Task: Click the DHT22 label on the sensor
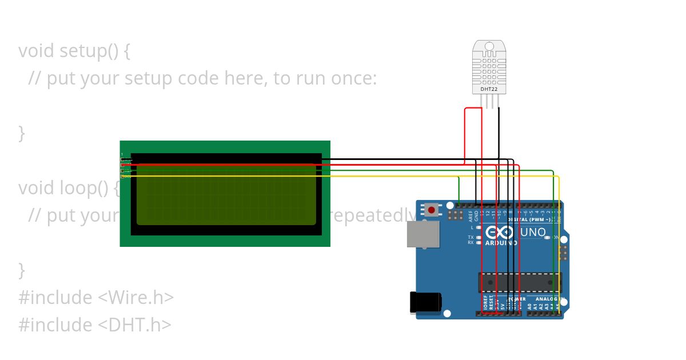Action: [489, 89]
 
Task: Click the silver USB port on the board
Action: [423, 234]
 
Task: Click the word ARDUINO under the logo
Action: [501, 243]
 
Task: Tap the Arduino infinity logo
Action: [500, 232]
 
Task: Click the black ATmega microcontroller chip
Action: [520, 282]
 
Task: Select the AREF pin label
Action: [471, 216]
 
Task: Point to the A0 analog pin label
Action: [529, 306]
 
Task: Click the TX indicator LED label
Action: [470, 237]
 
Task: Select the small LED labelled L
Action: [478, 227]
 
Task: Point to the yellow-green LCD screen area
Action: [226, 194]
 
